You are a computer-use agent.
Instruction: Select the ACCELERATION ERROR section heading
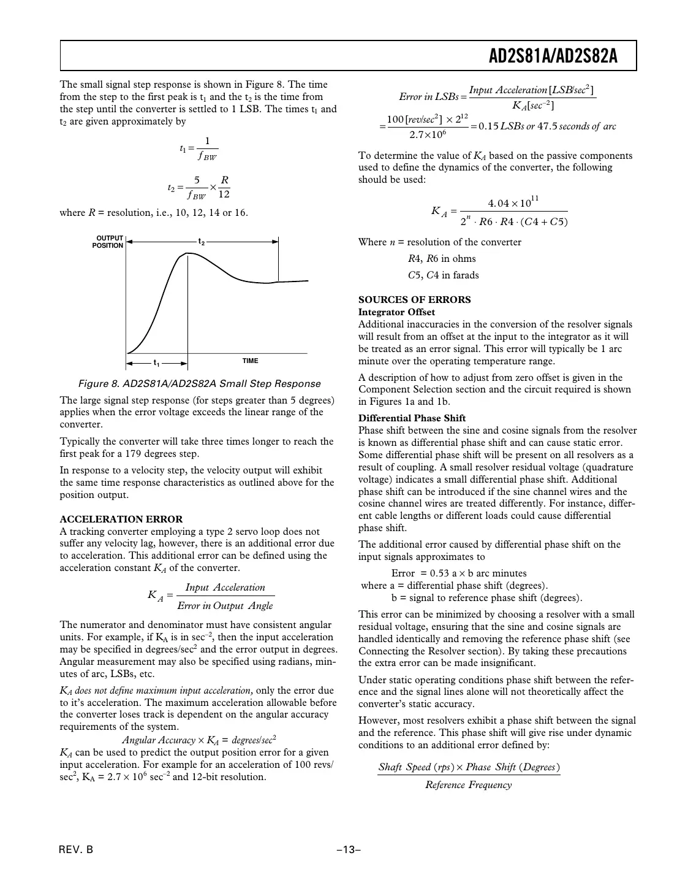point(121,519)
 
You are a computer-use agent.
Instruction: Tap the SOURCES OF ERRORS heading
point(415,300)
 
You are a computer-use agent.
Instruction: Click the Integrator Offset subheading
point(396,312)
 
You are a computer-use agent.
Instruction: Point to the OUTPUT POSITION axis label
point(108,242)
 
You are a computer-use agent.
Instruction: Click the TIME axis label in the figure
point(250,361)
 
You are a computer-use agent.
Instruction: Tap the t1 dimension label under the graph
point(157,363)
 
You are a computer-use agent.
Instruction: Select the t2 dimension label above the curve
point(201,242)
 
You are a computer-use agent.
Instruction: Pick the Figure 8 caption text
point(199,384)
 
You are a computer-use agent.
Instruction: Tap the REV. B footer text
point(77,850)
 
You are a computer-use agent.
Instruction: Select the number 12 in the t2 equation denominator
point(224,194)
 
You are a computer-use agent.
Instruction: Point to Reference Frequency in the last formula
point(468,785)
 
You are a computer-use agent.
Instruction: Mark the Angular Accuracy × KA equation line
point(199,740)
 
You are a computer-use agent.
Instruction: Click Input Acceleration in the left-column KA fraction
point(225,588)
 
